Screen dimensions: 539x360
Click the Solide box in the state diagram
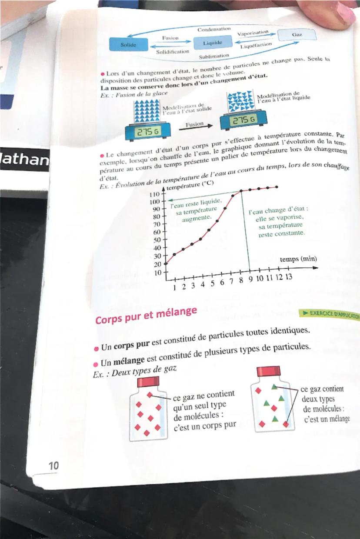[128, 44]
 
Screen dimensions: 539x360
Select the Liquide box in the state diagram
[213, 43]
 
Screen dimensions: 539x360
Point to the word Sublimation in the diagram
[214, 57]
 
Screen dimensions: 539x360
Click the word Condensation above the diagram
[214, 29]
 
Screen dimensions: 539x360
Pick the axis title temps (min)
[298, 259]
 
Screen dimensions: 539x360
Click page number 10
[53, 466]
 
